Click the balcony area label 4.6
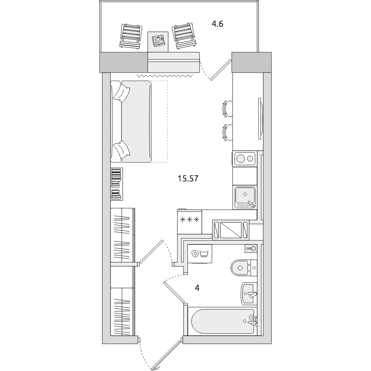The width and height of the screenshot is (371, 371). coord(217,24)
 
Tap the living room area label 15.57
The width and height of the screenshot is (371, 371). coord(188,178)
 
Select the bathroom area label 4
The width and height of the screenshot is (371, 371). coord(197,288)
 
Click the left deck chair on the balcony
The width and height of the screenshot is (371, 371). coord(131,36)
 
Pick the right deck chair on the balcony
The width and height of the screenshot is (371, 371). coord(184,36)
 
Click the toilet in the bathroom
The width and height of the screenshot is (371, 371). coord(244,268)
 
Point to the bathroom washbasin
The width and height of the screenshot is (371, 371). coord(249,293)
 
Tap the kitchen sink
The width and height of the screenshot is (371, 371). coord(245,197)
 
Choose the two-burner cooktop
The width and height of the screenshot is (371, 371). coord(244,158)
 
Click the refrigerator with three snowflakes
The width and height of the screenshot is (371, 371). coord(190,221)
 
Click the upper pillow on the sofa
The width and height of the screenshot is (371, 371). coord(122,93)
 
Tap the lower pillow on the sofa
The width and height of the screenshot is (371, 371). coord(121,150)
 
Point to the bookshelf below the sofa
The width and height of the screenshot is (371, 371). coord(116,184)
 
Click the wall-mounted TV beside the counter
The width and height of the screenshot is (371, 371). coord(260,119)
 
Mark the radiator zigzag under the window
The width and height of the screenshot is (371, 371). coord(165,76)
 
